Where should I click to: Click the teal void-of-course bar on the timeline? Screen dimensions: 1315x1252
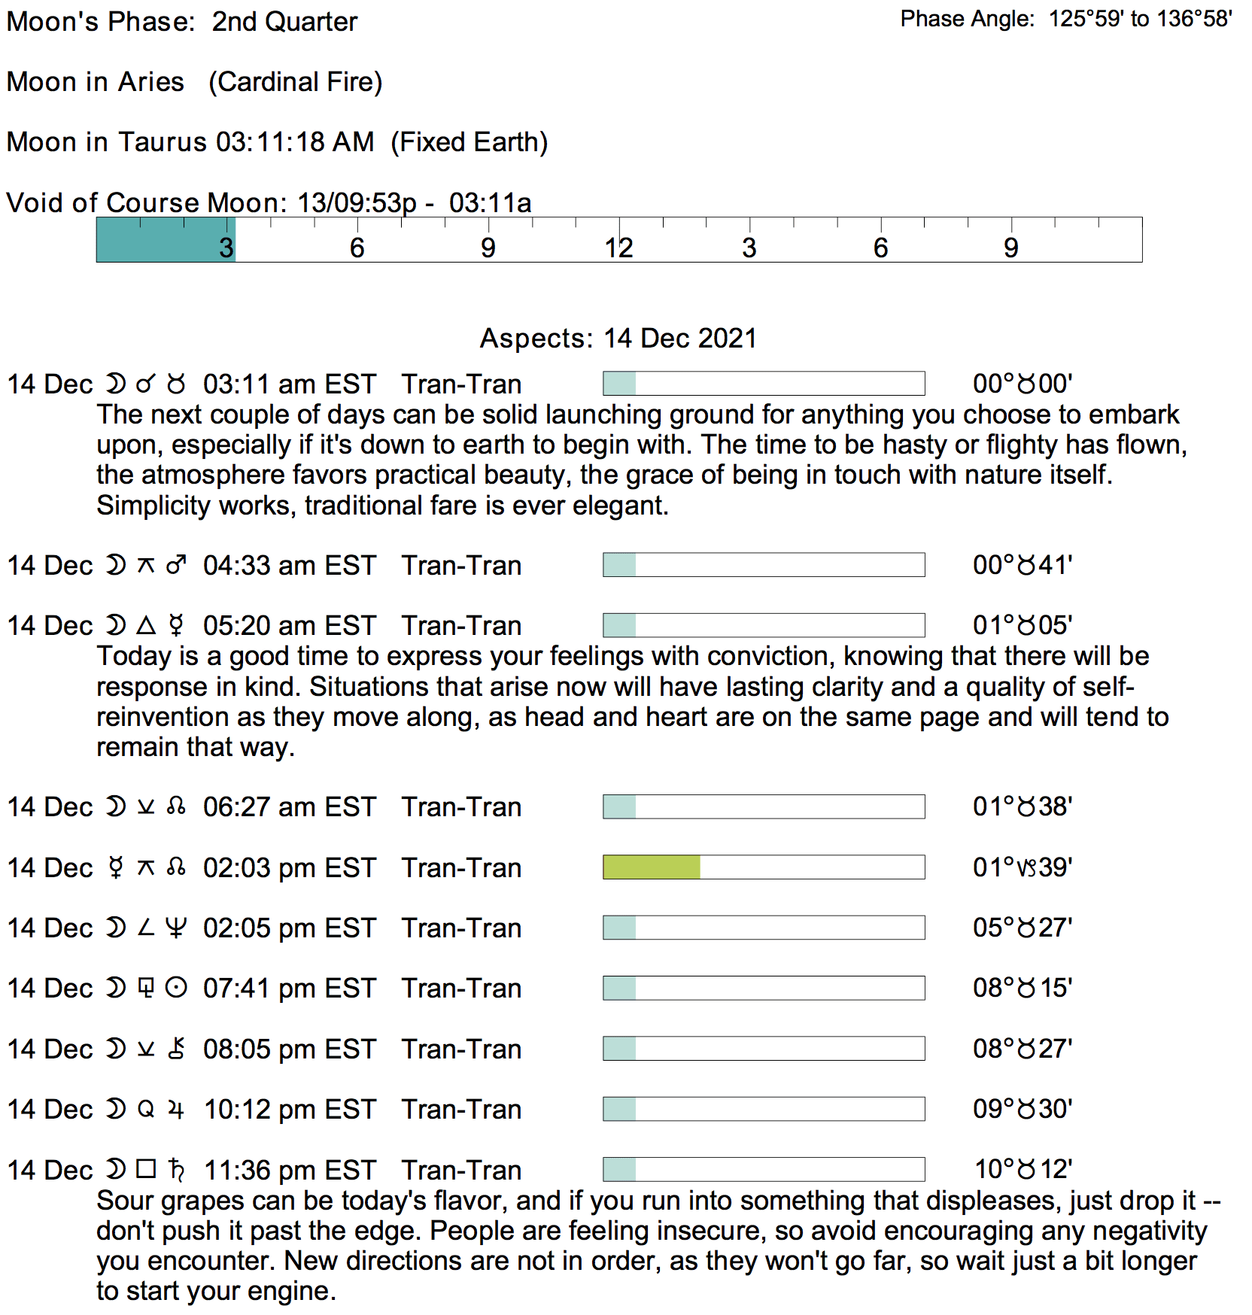coord(166,240)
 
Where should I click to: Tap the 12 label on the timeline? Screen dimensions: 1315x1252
coord(618,248)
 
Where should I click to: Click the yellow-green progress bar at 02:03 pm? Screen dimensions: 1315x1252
coord(652,867)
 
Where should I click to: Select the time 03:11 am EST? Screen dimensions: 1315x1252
coord(289,384)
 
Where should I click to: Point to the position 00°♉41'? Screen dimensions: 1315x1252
coord(1023,565)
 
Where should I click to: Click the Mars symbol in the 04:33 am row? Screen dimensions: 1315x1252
coord(176,565)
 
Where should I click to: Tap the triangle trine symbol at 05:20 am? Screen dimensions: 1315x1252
coord(146,625)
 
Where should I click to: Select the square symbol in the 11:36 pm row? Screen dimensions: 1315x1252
coord(146,1169)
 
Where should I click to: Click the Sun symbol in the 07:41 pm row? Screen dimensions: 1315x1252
coord(176,988)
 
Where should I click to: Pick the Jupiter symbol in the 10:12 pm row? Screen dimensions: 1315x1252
coord(176,1110)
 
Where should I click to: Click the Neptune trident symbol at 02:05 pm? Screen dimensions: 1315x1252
coord(176,928)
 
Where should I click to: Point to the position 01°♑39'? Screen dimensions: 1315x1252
coord(1023,867)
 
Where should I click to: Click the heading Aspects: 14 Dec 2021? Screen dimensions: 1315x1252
coord(618,339)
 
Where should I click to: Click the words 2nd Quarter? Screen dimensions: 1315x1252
coord(284,22)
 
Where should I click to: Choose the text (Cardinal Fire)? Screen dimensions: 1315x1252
coord(296,82)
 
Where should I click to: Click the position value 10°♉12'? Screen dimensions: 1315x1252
coord(1023,1169)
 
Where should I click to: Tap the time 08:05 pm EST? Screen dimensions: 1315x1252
coord(289,1049)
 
